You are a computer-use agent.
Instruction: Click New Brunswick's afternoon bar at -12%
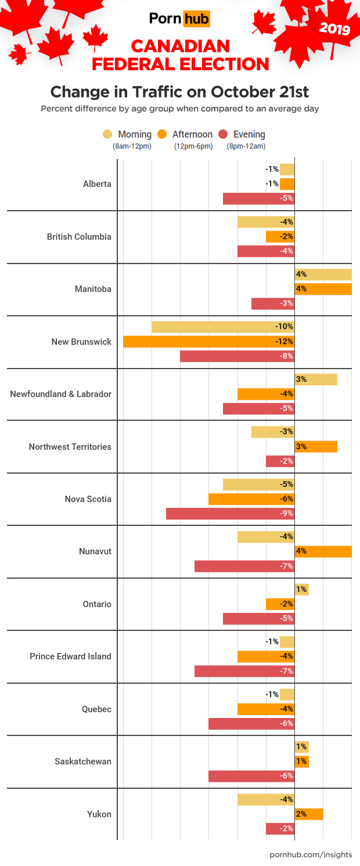tap(208, 341)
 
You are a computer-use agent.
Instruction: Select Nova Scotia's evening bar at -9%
tap(230, 514)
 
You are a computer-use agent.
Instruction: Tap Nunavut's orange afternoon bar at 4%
tap(323, 551)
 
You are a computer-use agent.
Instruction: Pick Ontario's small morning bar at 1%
tap(301, 590)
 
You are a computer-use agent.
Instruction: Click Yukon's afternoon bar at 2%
tap(308, 814)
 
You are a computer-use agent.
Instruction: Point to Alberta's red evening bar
tap(258, 199)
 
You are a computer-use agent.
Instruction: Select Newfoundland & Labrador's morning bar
tap(316, 380)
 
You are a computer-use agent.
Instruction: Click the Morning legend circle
tap(108, 134)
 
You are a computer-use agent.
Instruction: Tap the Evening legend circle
tap(223, 134)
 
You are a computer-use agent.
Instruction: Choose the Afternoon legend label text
tap(192, 134)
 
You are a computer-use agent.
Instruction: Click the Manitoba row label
tap(93, 289)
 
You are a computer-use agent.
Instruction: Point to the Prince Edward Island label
tap(70, 656)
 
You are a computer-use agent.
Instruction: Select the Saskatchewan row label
tap(80, 762)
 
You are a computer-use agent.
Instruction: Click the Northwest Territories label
tap(70, 447)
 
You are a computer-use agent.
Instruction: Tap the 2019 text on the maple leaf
tap(335, 27)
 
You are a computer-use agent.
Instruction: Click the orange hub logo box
tap(196, 19)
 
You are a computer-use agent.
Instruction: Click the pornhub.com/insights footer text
tap(311, 855)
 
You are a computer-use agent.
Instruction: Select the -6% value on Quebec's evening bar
tap(286, 724)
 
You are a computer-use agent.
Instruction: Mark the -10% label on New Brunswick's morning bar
tap(285, 327)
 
